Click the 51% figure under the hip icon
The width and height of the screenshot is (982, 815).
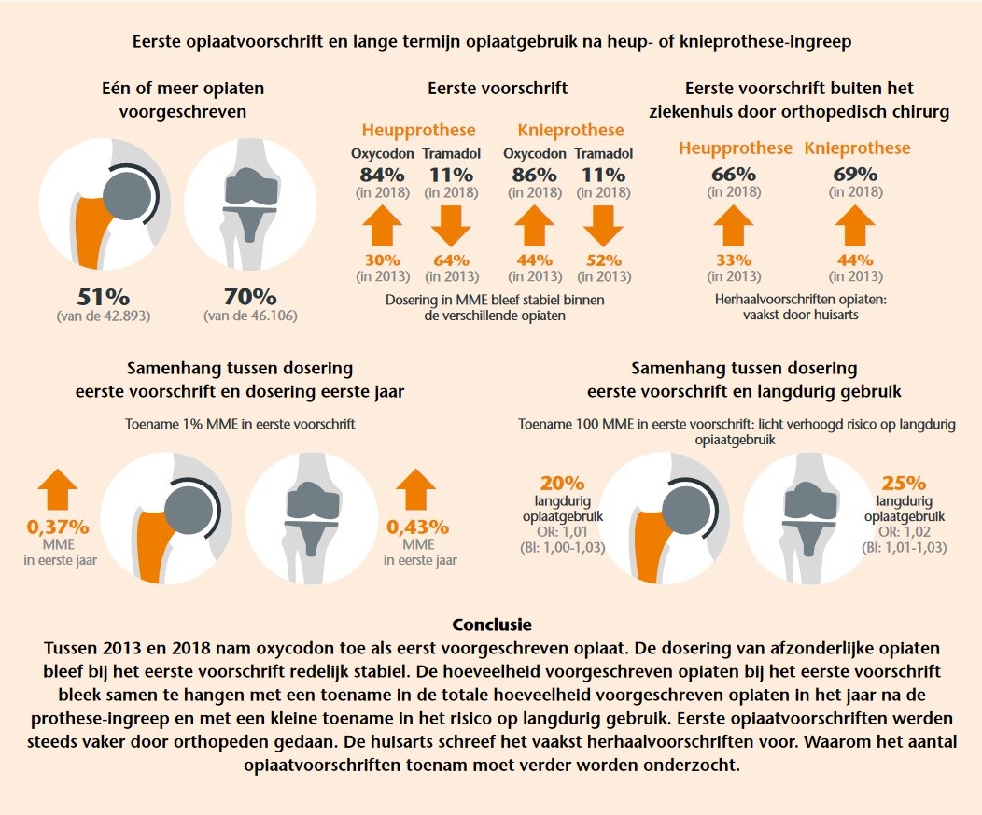104,298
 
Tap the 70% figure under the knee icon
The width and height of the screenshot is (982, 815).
250,298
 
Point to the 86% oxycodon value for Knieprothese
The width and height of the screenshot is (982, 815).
534,175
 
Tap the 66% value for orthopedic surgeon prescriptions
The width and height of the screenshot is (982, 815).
733,175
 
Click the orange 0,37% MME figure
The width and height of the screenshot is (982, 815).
58,527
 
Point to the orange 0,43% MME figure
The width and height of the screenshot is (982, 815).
416,527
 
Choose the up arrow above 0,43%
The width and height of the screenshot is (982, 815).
416,488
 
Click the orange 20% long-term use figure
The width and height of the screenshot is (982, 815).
562,484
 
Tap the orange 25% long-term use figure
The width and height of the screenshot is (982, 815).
904,484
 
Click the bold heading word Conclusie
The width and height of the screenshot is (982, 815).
491,625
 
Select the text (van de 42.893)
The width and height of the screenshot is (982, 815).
104,317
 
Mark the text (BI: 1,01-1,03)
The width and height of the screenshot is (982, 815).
904,548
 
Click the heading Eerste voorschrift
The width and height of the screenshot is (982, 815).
498,89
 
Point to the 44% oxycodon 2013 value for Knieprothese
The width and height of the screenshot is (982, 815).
534,260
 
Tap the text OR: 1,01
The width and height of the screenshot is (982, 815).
562,531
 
